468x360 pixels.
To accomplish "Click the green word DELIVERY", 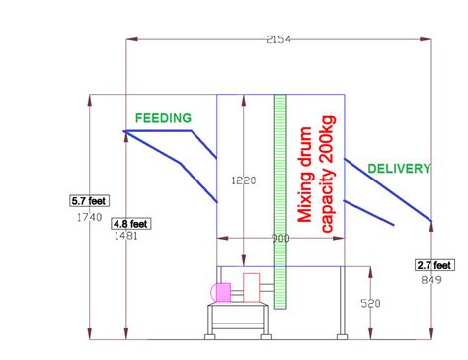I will (399, 169).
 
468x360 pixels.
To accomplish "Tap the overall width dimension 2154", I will (277, 38).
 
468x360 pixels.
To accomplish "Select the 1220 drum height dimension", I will (243, 180).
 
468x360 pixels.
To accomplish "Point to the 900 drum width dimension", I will (281, 240).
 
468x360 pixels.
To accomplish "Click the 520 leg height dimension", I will (369, 304).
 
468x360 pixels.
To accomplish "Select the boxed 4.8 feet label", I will (130, 222).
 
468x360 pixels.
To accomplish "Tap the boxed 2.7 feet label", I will (433, 264).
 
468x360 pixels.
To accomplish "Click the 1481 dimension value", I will (126, 236).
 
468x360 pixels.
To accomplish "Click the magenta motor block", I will (223, 292).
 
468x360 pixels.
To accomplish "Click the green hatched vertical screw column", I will (280, 197).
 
